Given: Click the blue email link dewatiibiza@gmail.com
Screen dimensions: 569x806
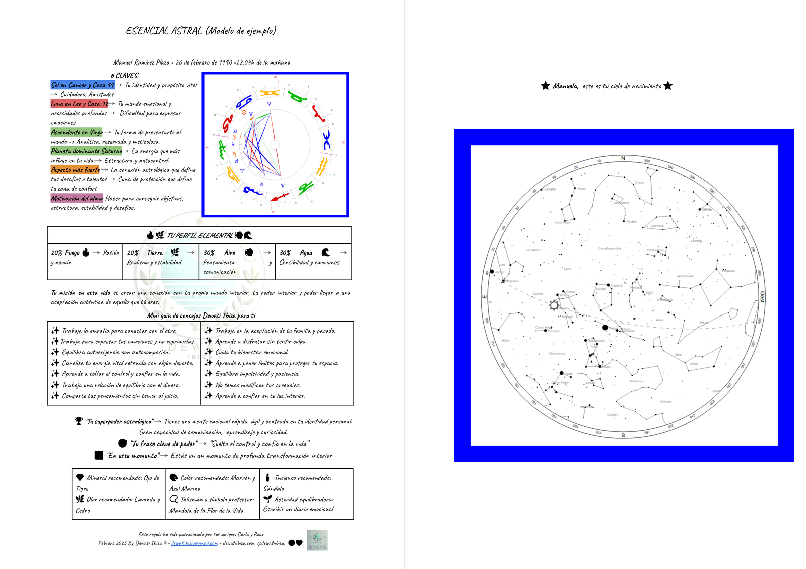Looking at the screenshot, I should pyautogui.click(x=194, y=543).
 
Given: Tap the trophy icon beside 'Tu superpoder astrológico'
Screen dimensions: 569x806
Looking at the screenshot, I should pyautogui.click(x=79, y=421).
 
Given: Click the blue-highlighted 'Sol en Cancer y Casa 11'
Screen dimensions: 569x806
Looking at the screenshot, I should pyautogui.click(x=83, y=85).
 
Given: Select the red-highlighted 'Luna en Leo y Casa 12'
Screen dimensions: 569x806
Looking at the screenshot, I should pyautogui.click(x=80, y=104).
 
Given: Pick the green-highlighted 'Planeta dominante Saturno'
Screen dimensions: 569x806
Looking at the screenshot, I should pyautogui.click(x=87, y=151).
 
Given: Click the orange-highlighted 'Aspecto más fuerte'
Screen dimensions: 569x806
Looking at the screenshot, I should pyautogui.click(x=75, y=170).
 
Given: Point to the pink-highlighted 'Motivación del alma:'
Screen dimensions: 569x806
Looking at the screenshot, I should pyautogui.click(x=77, y=198).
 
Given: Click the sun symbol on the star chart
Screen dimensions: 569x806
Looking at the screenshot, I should pyautogui.click(x=554, y=305).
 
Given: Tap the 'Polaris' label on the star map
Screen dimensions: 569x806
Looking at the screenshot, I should pyautogui.click(x=631, y=222).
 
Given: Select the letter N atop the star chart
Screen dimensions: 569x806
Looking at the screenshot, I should pyautogui.click(x=623, y=158).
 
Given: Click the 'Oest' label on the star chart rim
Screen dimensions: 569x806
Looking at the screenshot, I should pyautogui.click(x=762, y=297).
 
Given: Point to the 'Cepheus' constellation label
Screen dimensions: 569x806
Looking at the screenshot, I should pyautogui.click(x=657, y=226).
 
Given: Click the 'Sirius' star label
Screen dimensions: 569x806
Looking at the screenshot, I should pyautogui.click(x=568, y=374).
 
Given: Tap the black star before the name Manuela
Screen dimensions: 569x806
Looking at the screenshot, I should pyautogui.click(x=545, y=86).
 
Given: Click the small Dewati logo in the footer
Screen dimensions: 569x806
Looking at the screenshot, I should pyautogui.click(x=317, y=540).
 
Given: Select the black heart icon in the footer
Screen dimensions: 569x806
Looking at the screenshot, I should pyautogui.click(x=299, y=543).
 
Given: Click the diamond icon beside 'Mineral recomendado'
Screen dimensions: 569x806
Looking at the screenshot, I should pyautogui.click(x=80, y=477).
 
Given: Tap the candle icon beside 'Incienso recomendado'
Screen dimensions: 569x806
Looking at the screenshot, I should pyautogui.click(x=267, y=477).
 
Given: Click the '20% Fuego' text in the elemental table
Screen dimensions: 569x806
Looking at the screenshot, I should pyautogui.click(x=65, y=252).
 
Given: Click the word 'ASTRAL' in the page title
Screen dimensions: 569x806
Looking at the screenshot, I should pyautogui.click(x=186, y=31).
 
